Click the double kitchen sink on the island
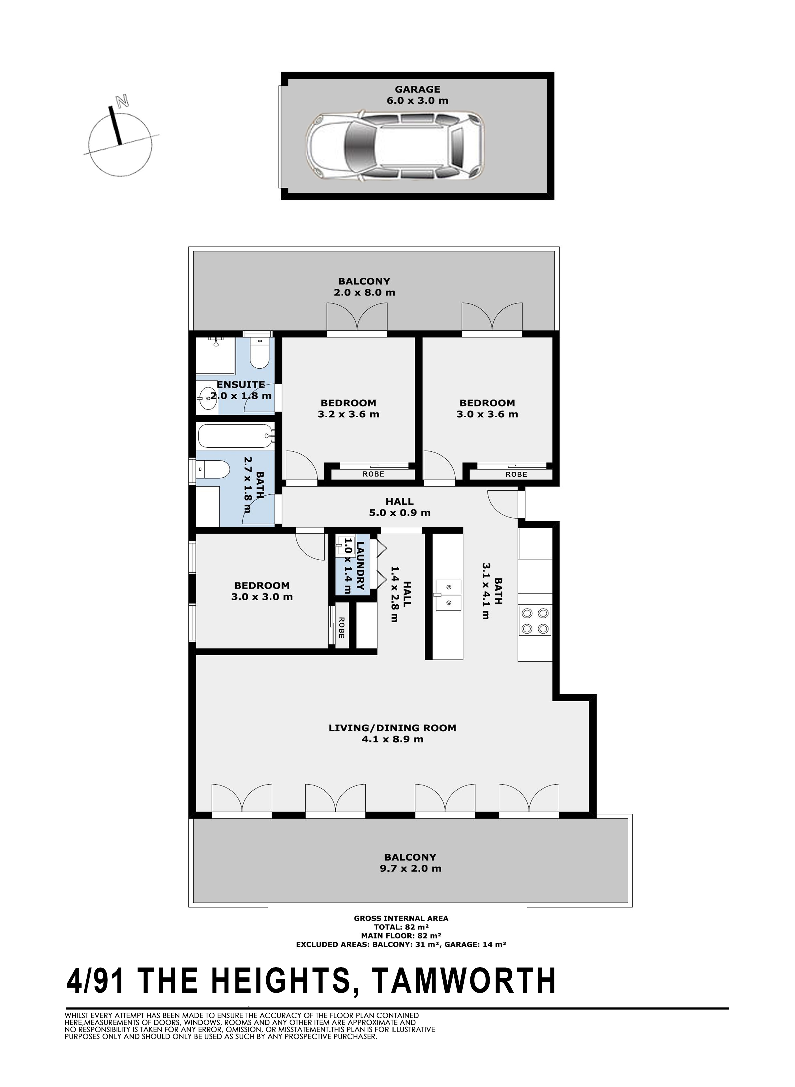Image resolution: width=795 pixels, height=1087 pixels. click(x=448, y=595)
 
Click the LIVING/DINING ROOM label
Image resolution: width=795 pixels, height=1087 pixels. click(x=392, y=728)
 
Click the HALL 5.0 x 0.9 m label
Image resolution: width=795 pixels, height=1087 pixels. click(x=399, y=507)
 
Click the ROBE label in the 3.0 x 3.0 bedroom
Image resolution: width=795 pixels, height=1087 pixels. click(x=341, y=628)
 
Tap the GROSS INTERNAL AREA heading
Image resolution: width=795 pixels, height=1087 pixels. click(x=401, y=918)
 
